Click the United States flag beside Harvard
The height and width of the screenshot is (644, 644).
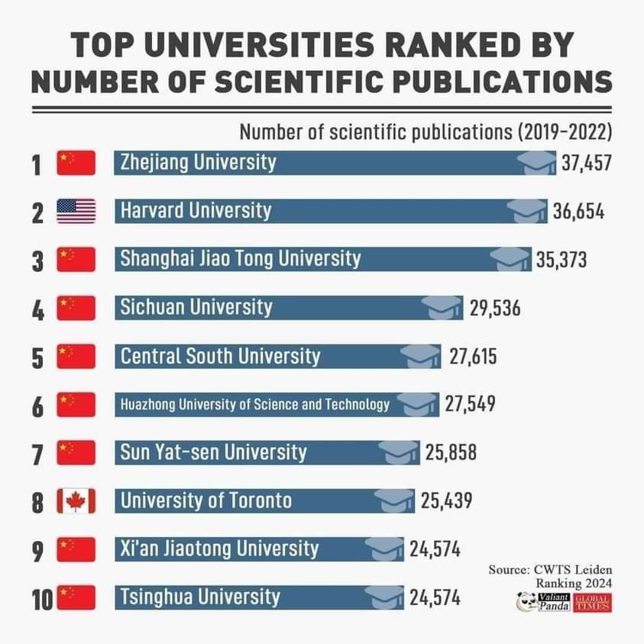tap(76, 211)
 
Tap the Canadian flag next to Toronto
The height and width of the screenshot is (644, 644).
tap(76, 501)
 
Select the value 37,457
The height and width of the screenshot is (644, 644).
tap(587, 163)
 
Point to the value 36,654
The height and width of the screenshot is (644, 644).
tap(578, 211)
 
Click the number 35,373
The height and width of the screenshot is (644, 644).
tap(561, 260)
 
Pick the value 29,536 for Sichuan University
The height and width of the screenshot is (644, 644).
tap(494, 308)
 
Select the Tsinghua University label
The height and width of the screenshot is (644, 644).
tap(200, 597)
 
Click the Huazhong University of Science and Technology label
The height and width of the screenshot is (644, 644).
tap(255, 405)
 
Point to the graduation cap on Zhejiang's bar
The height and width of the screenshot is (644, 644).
tap(536, 163)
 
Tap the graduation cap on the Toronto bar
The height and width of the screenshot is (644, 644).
tap(394, 500)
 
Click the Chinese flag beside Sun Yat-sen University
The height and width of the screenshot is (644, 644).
tap(76, 453)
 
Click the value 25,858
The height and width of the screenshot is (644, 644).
tap(451, 452)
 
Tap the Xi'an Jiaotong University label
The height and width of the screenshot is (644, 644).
tap(219, 549)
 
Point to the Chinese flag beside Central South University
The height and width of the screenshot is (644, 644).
tap(76, 356)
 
